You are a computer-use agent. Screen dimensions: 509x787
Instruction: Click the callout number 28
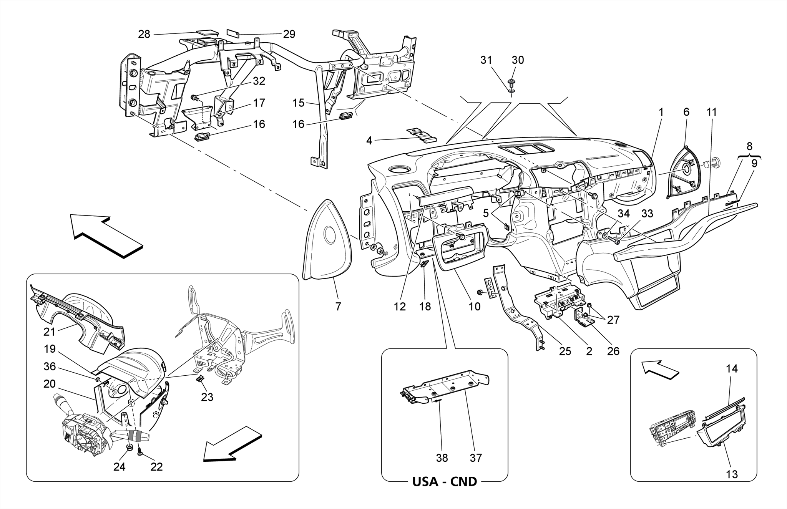point(144,34)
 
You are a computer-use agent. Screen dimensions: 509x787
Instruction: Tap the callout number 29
point(289,34)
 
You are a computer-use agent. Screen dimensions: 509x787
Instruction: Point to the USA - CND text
point(444,481)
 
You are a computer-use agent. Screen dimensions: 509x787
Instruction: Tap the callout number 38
point(442,458)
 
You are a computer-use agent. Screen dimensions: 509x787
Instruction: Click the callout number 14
point(732,368)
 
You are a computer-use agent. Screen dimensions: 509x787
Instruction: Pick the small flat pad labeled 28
point(207,33)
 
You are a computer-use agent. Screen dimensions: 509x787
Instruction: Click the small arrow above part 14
point(660,369)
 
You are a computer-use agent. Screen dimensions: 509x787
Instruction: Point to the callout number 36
point(50,366)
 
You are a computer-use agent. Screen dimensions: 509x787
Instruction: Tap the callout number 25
point(565,351)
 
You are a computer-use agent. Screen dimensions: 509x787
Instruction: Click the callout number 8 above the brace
point(749,146)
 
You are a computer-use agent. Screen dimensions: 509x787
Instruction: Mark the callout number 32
point(259,81)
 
